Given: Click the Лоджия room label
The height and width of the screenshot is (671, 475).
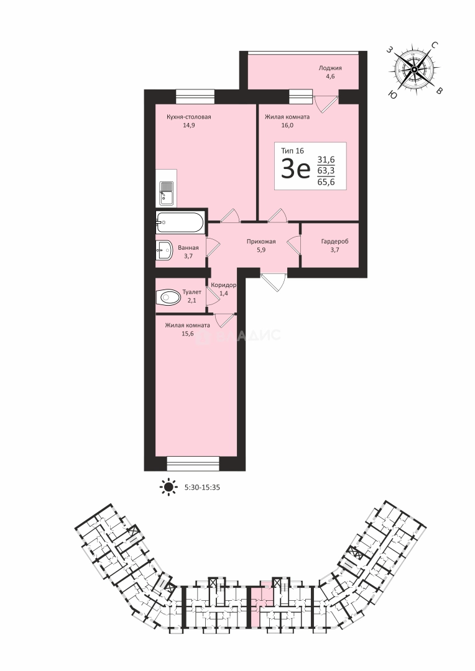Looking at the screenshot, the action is pyautogui.click(x=330, y=68).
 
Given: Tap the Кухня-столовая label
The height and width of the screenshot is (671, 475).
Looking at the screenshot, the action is pyautogui.click(x=188, y=117).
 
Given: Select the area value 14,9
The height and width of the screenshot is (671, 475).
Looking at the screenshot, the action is pyautogui.click(x=188, y=126).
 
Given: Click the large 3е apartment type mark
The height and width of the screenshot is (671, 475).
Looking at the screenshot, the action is pyautogui.click(x=295, y=170).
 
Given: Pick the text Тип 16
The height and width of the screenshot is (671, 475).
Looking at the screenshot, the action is pyautogui.click(x=292, y=150).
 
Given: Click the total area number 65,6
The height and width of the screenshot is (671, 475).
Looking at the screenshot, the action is pyautogui.click(x=326, y=182).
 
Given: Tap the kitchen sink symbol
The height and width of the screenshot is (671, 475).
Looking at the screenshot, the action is pyautogui.click(x=166, y=193).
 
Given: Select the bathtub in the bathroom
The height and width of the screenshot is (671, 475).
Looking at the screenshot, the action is pyautogui.click(x=179, y=222).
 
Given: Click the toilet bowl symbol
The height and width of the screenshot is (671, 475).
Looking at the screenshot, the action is pyautogui.click(x=168, y=296).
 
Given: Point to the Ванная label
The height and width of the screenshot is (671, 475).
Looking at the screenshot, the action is pyautogui.click(x=188, y=248).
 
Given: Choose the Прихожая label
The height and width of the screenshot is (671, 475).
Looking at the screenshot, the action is pyautogui.click(x=261, y=242).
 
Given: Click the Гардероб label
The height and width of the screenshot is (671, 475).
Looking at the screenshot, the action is pyautogui.click(x=335, y=241).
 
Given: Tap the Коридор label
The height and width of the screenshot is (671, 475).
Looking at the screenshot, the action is pyautogui.click(x=224, y=285).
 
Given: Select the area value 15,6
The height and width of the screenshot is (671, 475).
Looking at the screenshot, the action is pyautogui.click(x=187, y=334).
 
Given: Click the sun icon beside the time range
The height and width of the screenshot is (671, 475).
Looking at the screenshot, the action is pyautogui.click(x=168, y=486).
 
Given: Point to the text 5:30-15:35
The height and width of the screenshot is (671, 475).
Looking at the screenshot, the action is pyautogui.click(x=202, y=487).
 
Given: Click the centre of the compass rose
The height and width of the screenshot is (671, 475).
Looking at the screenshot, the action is pyautogui.click(x=414, y=70).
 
